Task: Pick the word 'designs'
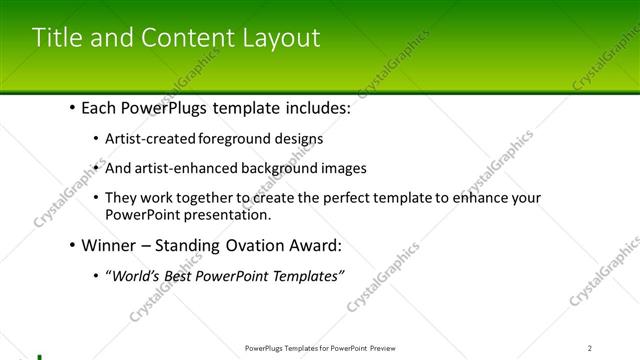(x=297, y=138)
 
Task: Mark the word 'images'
(x=345, y=168)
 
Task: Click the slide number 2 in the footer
(x=590, y=348)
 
